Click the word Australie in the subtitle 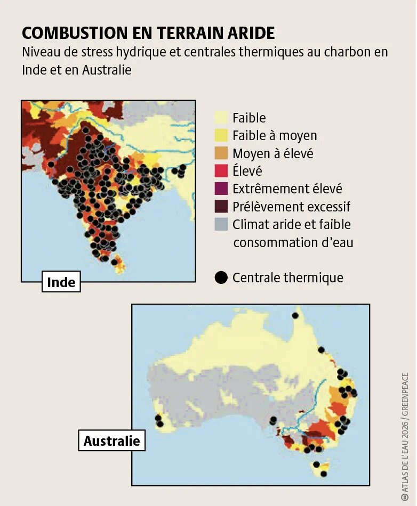[x=107, y=70]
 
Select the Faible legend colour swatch [x=221, y=118]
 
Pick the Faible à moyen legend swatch [x=221, y=136]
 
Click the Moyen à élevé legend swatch [x=221, y=153]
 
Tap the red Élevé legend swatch [x=221, y=171]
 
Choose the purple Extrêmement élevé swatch [x=221, y=189]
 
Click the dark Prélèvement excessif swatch [x=221, y=206]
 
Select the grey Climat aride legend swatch [x=221, y=224]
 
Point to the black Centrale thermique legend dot [x=221, y=278]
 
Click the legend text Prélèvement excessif [x=291, y=207]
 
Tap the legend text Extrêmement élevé [x=287, y=189]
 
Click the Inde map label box [x=61, y=282]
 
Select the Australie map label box [x=112, y=440]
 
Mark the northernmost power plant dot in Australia [x=295, y=315]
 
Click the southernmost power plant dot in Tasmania [x=323, y=474]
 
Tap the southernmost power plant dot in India [x=114, y=262]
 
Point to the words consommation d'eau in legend [x=293, y=242]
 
